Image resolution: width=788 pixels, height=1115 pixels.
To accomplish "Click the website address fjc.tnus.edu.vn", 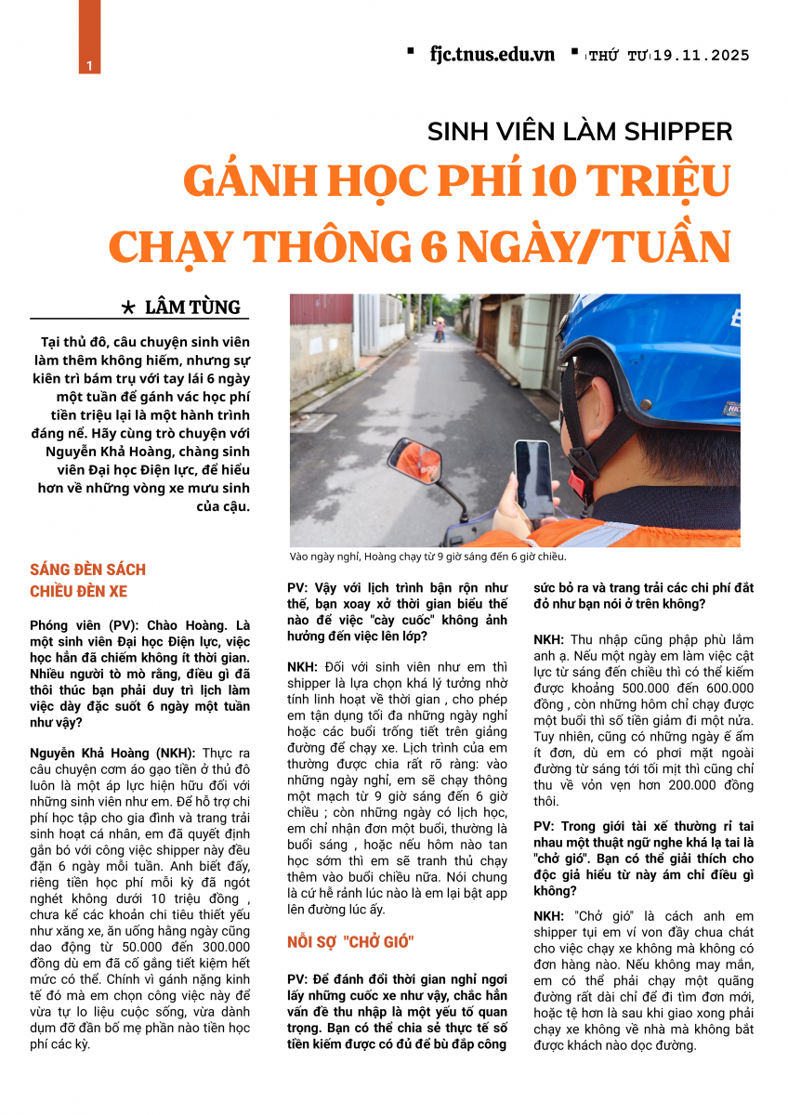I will click(492, 54).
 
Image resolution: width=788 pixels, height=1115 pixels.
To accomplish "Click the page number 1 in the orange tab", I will click(88, 65).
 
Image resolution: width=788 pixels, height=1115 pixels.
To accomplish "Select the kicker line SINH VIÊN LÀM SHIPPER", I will click(580, 131).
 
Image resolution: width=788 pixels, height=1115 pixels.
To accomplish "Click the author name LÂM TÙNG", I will click(199, 307).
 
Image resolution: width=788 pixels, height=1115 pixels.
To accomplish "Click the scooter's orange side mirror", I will click(415, 459).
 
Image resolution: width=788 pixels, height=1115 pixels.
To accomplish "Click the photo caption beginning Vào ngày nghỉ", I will click(427, 557).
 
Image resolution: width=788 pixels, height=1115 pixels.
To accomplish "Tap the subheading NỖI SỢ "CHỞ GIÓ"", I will click(350, 941).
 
